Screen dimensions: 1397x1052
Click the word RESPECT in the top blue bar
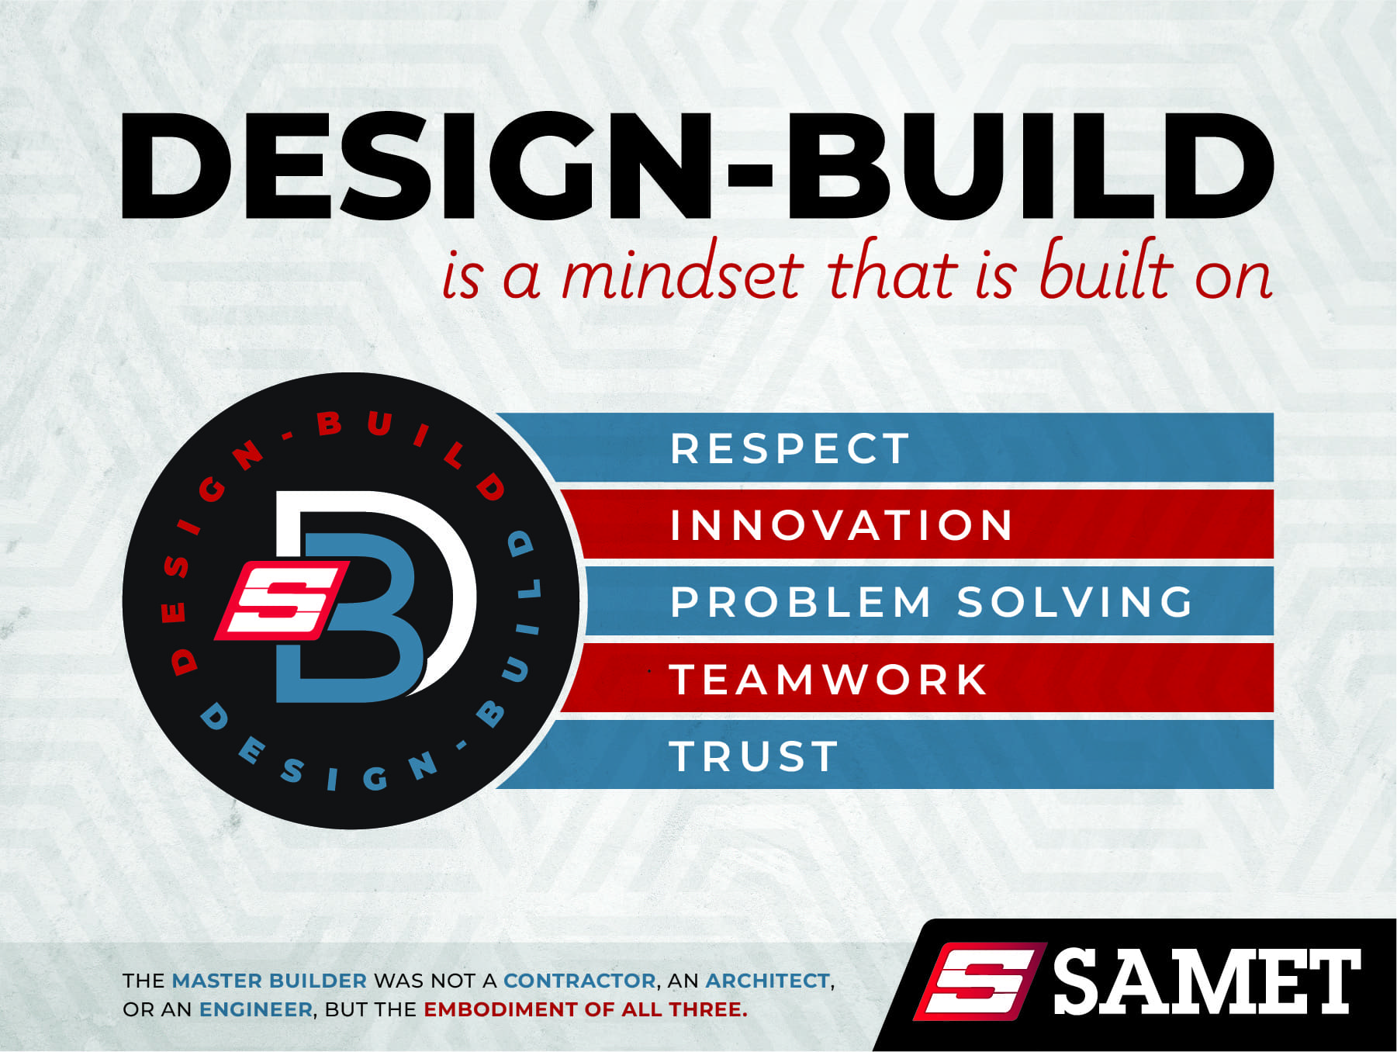(x=790, y=448)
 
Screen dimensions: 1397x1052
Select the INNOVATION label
(x=842, y=525)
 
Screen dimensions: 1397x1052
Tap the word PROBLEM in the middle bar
(x=801, y=602)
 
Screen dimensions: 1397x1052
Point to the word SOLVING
(x=1075, y=602)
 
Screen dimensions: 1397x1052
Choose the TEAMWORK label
(x=828, y=680)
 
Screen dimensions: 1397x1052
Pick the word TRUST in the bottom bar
(x=754, y=756)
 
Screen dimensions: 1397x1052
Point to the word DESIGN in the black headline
(x=413, y=166)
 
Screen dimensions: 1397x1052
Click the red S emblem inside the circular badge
(x=281, y=600)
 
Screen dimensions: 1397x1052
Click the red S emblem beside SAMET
(x=980, y=981)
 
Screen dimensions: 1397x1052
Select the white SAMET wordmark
(x=1207, y=982)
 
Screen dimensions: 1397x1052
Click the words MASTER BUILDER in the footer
(x=269, y=981)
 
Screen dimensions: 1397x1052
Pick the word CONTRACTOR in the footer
(x=580, y=981)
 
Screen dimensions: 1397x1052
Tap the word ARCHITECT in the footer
(x=768, y=981)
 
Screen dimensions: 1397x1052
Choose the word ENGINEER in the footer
(x=256, y=1009)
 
